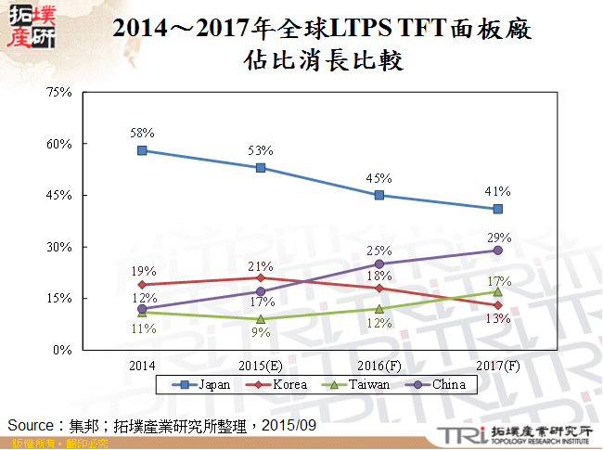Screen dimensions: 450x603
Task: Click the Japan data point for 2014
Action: pos(142,150)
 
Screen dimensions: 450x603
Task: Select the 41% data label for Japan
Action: pos(498,192)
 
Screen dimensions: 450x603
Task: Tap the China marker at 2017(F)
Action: pos(498,251)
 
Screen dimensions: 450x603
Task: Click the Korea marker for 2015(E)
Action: pos(261,277)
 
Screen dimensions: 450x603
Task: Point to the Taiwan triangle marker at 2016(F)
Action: pos(379,309)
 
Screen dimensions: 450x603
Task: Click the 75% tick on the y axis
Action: pos(58,93)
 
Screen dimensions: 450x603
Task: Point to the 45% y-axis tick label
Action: pos(58,196)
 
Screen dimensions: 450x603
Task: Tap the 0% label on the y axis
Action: pos(62,350)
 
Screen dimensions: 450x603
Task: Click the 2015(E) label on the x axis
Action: pos(261,364)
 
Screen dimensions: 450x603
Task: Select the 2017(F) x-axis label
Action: pos(498,364)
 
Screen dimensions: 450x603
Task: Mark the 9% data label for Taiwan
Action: pos(261,333)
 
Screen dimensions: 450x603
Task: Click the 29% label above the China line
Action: pos(499,238)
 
